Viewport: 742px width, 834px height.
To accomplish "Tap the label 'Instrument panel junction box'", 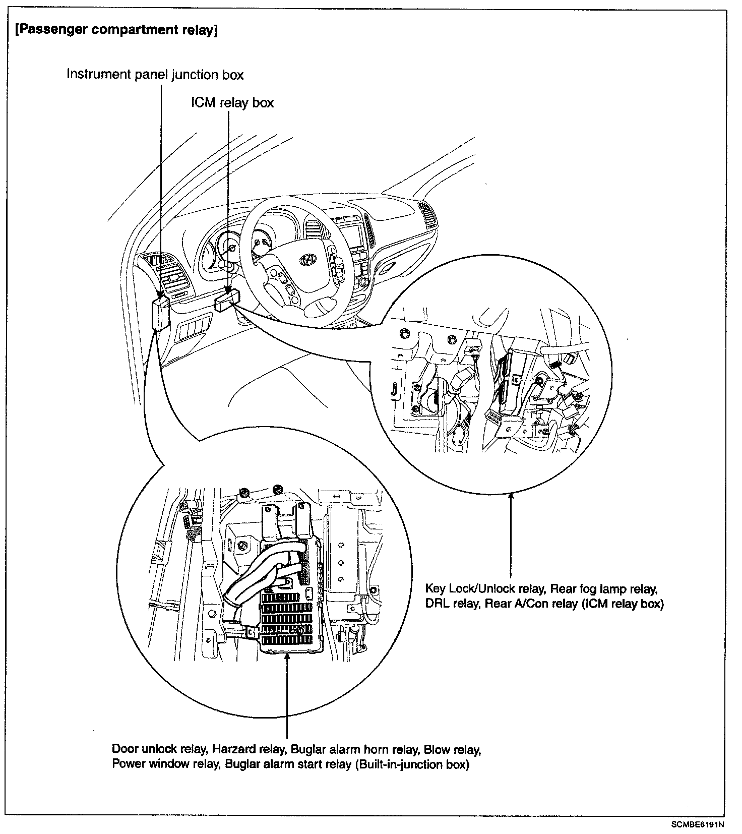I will click(x=155, y=75).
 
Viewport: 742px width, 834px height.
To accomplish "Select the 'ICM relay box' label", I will click(x=232, y=103).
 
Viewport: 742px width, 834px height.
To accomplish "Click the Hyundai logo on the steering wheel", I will click(x=306, y=259).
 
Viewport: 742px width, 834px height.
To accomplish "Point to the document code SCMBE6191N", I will click(x=697, y=825).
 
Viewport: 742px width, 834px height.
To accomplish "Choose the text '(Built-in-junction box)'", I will click(x=412, y=764).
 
